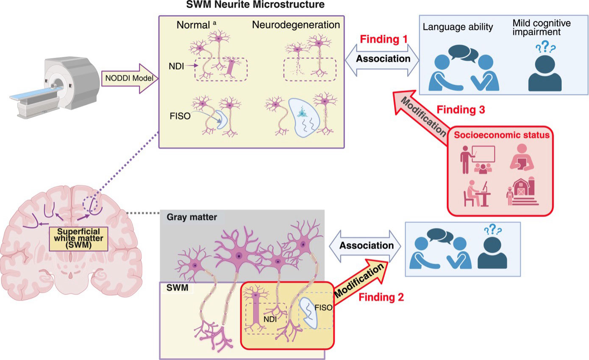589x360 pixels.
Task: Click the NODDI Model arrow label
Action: point(129,78)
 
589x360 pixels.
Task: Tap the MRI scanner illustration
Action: point(54,88)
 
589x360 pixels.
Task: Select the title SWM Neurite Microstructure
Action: point(256,5)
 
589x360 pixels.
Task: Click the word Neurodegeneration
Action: point(296,25)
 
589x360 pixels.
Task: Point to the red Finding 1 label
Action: point(383,39)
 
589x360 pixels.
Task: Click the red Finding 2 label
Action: point(381,297)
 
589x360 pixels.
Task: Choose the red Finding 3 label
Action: point(461,109)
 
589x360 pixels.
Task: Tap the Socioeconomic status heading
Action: point(502,135)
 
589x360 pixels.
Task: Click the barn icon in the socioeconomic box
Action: point(522,191)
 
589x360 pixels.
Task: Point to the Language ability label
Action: point(458,27)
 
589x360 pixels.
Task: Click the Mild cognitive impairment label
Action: point(542,28)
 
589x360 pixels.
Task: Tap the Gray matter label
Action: point(192,217)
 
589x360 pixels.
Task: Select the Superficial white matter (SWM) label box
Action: point(79,239)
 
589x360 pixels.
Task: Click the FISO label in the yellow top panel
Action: point(180,116)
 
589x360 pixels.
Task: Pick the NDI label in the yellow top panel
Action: point(176,66)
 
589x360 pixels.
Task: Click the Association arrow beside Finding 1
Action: point(382,60)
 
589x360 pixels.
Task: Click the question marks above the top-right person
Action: point(546,47)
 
